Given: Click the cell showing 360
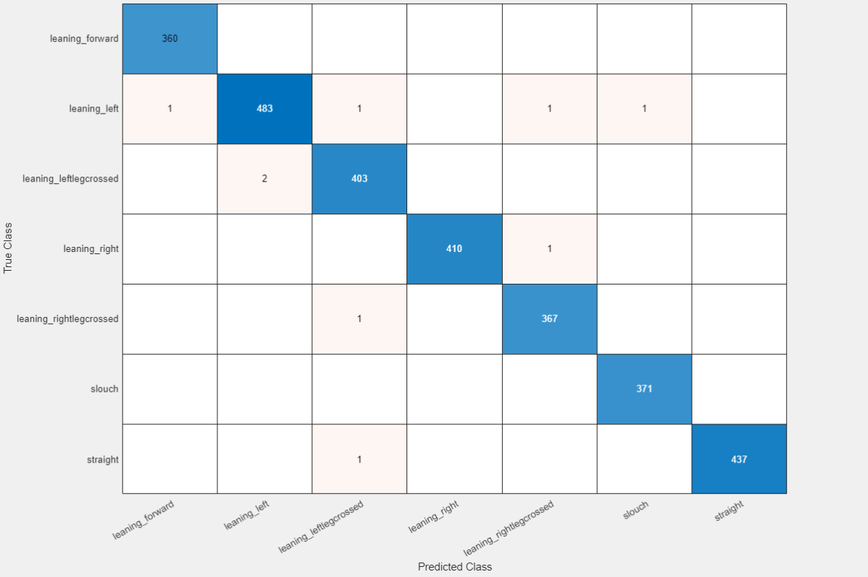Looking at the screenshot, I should [x=170, y=38].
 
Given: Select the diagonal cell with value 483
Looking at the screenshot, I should [x=264, y=109].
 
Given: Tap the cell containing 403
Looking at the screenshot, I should [x=359, y=178].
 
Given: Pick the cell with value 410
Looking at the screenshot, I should [x=454, y=248].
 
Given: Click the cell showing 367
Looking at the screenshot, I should [x=549, y=319].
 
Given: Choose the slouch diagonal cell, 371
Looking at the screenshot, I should [x=644, y=389].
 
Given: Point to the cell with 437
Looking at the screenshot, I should [x=739, y=459].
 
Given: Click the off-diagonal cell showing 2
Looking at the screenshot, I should [x=264, y=178].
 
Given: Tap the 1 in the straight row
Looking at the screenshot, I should [x=359, y=459].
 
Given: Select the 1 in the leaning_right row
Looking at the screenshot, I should [x=549, y=248].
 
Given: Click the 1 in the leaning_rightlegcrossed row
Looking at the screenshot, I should [x=359, y=319].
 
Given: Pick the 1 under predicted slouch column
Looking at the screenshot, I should [x=644, y=109].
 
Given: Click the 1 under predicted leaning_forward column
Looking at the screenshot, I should [x=170, y=109].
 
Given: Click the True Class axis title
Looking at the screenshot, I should [x=9, y=248].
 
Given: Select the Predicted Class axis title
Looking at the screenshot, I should [x=454, y=567].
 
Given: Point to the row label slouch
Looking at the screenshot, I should [x=104, y=389].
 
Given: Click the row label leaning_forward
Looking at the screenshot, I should [x=84, y=39].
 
